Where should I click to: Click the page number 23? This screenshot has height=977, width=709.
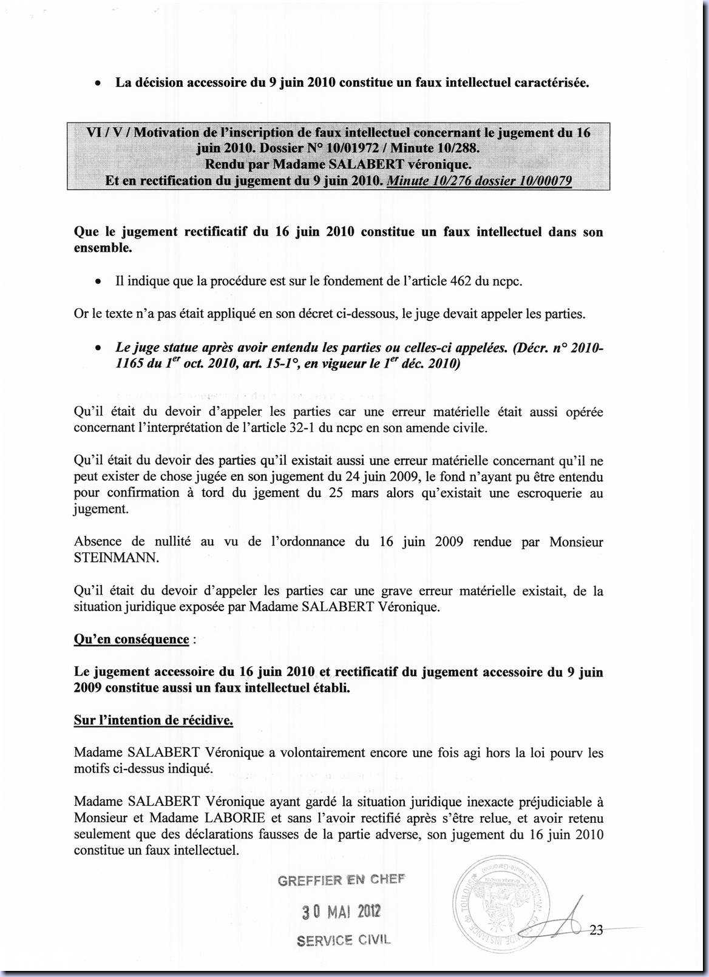pos(596,930)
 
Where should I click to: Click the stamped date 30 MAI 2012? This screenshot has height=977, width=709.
pos(341,911)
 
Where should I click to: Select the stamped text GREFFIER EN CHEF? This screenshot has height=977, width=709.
pos(341,881)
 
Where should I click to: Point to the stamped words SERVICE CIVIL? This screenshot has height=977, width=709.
pos(344,940)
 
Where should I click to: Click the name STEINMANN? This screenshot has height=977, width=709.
pos(116,558)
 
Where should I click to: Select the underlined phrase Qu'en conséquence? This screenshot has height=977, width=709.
pos(131,640)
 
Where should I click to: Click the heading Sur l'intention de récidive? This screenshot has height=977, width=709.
pos(154,720)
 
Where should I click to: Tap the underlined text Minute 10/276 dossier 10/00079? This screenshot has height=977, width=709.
pos(478,181)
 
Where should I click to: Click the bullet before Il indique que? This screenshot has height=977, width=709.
pos(97,282)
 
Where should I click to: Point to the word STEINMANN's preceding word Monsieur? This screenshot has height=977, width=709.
pos(575,542)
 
